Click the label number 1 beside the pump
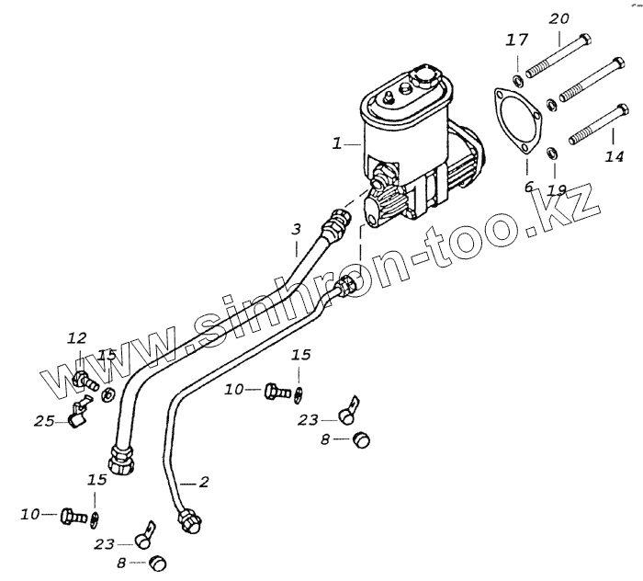[x=337, y=143]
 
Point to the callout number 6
[x=528, y=187]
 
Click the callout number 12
[x=76, y=338]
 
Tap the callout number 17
[x=517, y=40]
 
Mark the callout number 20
[x=558, y=18]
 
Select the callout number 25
[x=43, y=420]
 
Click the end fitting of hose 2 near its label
[x=188, y=519]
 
